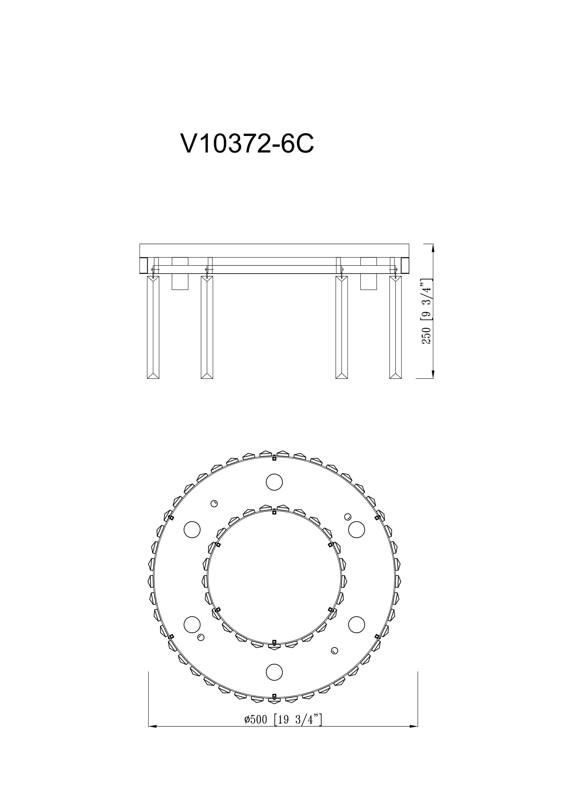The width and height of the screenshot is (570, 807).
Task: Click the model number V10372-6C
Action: tap(247, 144)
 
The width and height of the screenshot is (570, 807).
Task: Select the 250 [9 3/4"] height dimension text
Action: tap(426, 312)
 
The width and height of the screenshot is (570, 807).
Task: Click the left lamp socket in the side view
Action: tap(180, 274)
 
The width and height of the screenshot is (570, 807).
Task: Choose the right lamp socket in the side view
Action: tap(368, 274)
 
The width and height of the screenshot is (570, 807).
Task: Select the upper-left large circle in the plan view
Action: tap(192, 529)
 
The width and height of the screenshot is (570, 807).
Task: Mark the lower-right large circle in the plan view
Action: tap(357, 624)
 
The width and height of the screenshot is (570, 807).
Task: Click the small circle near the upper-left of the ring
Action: tap(214, 504)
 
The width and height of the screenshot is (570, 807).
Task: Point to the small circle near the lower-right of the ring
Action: tap(334, 651)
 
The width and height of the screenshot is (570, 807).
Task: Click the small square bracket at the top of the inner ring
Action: tap(274, 512)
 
